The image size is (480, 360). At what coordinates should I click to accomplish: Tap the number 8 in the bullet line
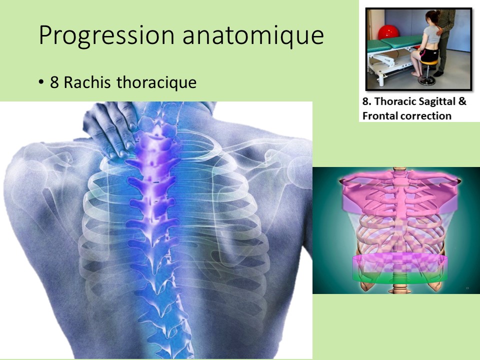point(54,82)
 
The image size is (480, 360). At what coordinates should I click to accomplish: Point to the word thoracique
point(156,82)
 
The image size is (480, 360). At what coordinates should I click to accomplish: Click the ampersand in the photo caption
point(462,101)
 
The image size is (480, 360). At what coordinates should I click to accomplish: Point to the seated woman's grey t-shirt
point(432,36)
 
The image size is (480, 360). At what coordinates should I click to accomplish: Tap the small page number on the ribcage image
point(467,288)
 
